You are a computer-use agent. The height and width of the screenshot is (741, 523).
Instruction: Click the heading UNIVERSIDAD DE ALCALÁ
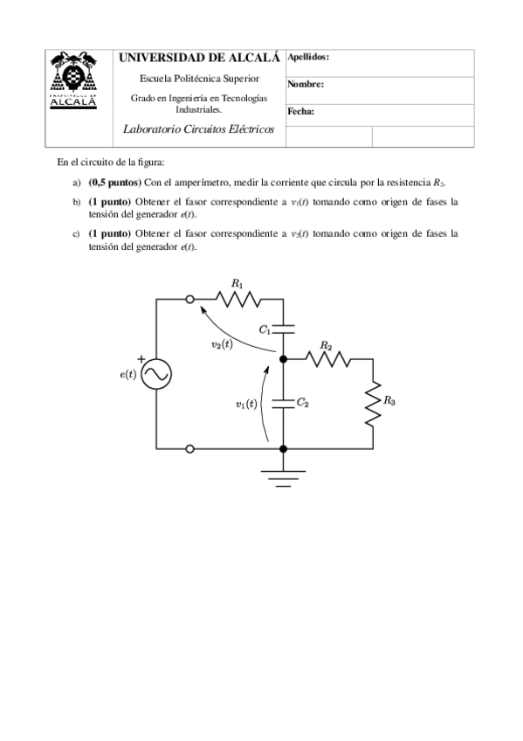pyautogui.click(x=200, y=58)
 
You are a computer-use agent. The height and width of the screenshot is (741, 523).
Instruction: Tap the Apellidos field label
pyautogui.click(x=308, y=56)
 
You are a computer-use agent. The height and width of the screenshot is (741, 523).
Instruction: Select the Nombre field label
pyautogui.click(x=306, y=85)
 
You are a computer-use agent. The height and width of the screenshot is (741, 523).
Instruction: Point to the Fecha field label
pyautogui.click(x=300, y=112)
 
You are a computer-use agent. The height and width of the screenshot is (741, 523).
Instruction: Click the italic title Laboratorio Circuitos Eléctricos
pyautogui.click(x=200, y=128)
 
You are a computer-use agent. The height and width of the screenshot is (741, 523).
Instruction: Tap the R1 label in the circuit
pyautogui.click(x=237, y=283)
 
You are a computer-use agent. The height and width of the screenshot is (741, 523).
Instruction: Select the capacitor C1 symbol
pyautogui.click(x=283, y=329)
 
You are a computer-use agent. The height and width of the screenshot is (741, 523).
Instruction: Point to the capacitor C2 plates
pyautogui.click(x=283, y=403)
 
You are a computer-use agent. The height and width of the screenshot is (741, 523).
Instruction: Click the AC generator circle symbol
pyautogui.click(x=157, y=374)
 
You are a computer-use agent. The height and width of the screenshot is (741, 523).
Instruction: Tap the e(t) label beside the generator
pyautogui.click(x=127, y=374)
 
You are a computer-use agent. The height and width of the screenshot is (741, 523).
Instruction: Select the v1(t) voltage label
pyautogui.click(x=246, y=404)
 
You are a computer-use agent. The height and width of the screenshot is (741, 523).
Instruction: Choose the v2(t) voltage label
pyautogui.click(x=222, y=344)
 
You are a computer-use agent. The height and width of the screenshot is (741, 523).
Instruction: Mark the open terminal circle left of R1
pyautogui.click(x=190, y=300)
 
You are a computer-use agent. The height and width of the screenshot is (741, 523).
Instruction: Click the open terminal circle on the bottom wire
pyautogui.click(x=190, y=448)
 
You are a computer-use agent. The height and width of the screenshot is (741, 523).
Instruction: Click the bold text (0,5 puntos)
pyautogui.click(x=115, y=183)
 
